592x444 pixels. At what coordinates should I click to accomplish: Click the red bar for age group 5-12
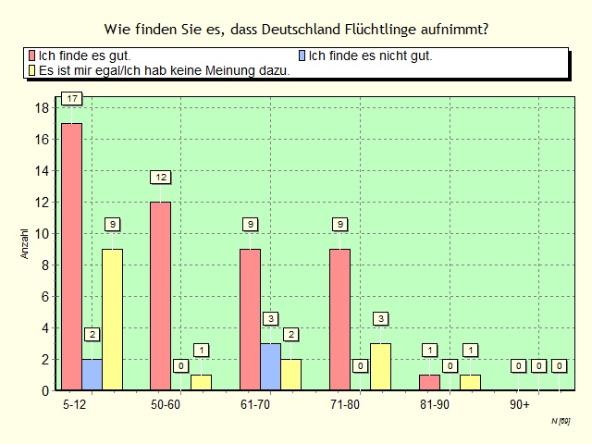coord(71,256)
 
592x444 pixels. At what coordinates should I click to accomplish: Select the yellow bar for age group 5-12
coord(112,319)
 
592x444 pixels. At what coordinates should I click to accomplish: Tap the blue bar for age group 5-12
coord(92,374)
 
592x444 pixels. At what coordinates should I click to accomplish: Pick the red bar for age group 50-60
coord(161,295)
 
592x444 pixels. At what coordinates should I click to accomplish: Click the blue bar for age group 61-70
coord(270,366)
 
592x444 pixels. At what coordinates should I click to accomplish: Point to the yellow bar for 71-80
coord(380,366)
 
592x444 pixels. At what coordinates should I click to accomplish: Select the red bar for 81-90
coord(429,382)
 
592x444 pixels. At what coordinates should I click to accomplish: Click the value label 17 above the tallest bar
coord(71,99)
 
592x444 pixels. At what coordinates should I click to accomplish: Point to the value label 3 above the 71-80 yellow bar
coord(380,319)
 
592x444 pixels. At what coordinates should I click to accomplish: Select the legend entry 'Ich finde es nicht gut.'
coord(369,55)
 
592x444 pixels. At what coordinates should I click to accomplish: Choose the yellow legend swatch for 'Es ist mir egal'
coord(32,69)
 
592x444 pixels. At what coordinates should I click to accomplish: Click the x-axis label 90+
coord(520,404)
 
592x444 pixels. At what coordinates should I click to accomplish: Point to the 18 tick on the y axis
coord(42,107)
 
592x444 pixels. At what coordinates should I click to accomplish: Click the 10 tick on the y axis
coord(42,233)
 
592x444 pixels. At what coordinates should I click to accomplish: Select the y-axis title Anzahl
coord(25,242)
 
